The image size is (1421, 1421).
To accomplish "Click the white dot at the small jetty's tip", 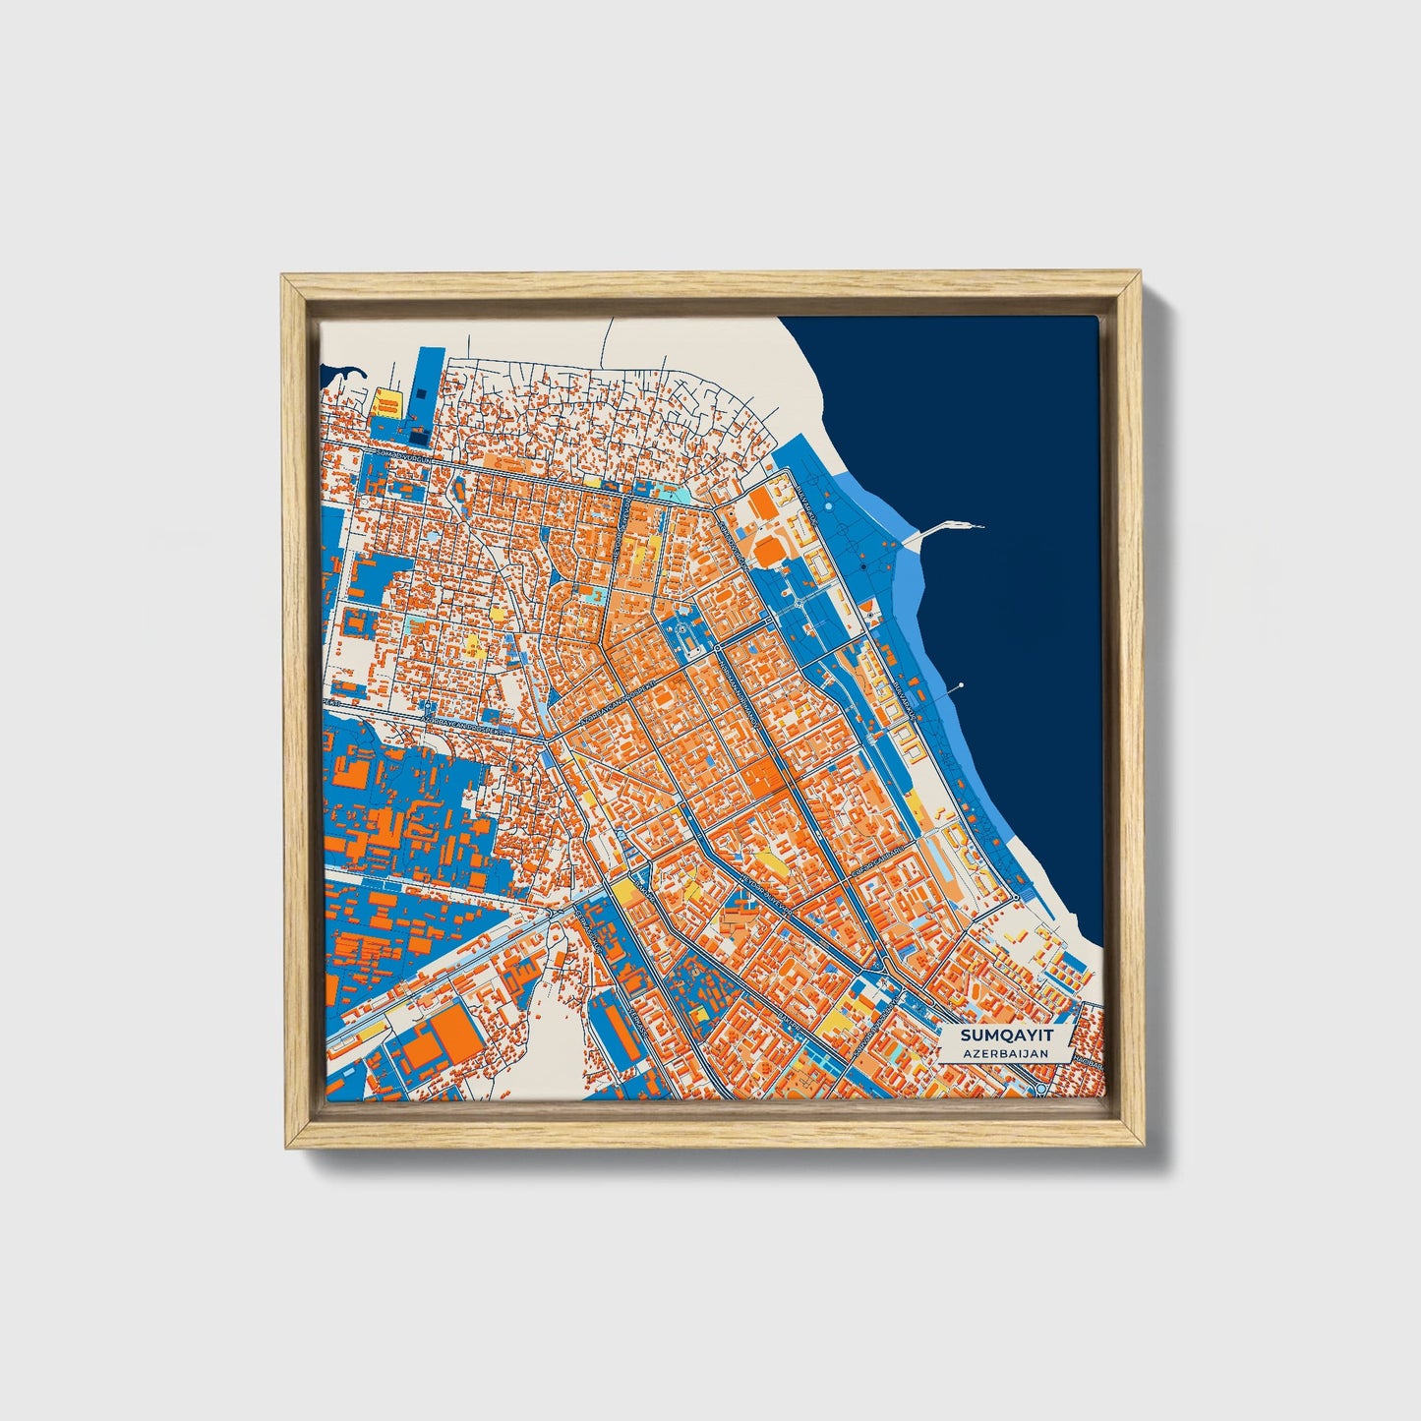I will pos(961,684).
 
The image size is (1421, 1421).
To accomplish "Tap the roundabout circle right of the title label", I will pos(1040,1090).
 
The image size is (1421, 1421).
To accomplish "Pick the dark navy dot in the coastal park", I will pos(862,567).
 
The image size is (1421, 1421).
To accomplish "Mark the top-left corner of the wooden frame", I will pos(285,278).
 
